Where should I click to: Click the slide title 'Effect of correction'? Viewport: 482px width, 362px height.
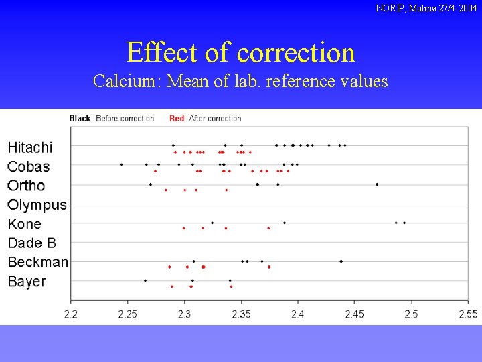pos(240,52)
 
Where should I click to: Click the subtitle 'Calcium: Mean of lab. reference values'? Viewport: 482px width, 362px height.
pos(240,82)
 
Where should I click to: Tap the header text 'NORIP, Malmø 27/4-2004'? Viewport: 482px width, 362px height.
pos(426,8)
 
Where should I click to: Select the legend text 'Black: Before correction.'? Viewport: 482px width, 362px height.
pos(112,119)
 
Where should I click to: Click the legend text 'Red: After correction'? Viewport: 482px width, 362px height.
pos(205,119)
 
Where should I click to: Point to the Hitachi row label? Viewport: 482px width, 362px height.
pos(29,147)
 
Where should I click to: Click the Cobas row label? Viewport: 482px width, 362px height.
pos(28,166)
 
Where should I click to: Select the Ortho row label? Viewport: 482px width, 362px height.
pos(26,186)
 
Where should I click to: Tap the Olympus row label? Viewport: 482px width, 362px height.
pos(37,205)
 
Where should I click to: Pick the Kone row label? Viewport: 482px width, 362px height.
pos(24,224)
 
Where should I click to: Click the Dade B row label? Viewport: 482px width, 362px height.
pos(32,243)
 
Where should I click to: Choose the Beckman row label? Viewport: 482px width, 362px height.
pos(37,262)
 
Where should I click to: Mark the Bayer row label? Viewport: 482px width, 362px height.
pos(27,282)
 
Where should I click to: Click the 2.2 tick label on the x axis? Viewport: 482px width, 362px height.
pos(71,314)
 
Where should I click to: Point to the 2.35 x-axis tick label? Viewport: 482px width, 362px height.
pos(241,314)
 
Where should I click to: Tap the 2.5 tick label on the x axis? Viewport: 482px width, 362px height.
pos(411,314)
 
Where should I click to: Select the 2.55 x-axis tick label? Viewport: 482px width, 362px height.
pos(468,314)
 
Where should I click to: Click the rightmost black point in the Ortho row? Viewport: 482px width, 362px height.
pos(377,184)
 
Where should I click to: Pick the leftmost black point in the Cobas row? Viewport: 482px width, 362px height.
pos(121,164)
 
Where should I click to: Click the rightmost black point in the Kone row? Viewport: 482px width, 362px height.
pos(404,222)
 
